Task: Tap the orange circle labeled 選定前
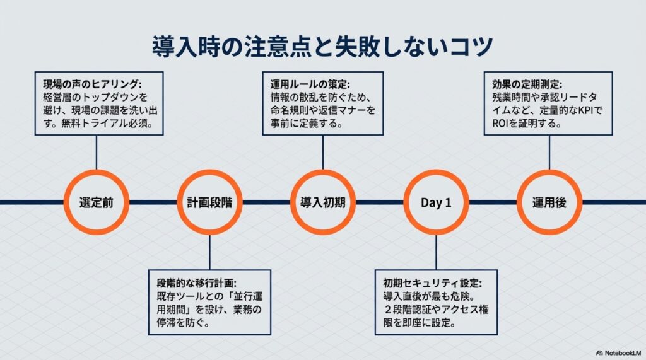tap(97, 202)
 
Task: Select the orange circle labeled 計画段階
tap(209, 202)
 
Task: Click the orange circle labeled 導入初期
tap(322, 202)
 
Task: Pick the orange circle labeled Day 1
tap(436, 202)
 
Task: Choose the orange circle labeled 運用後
tap(549, 202)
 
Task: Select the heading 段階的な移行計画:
tap(196, 282)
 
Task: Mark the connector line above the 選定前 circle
tap(97, 153)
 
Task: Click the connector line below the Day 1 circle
tap(436, 252)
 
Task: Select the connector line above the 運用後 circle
tap(549, 153)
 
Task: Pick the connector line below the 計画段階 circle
tap(209, 252)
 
